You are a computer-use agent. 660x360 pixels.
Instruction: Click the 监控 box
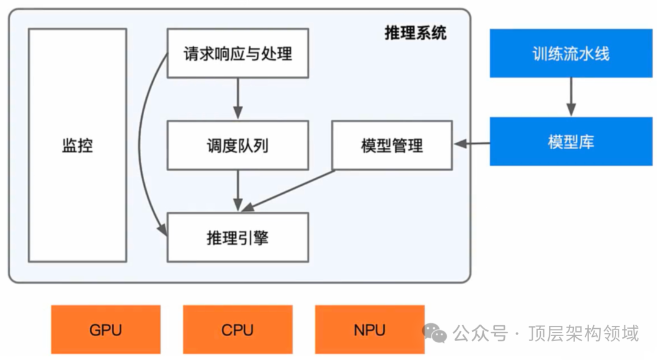78,145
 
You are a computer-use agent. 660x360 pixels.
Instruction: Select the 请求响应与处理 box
238,53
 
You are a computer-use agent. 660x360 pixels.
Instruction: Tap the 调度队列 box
238,145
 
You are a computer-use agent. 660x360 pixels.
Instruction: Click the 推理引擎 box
238,237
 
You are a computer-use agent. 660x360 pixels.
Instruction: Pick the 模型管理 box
392,145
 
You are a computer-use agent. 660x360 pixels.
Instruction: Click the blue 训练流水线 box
571,53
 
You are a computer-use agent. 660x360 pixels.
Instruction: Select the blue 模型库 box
571,142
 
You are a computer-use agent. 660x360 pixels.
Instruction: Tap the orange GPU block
106,329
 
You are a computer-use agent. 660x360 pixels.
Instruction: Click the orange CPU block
238,329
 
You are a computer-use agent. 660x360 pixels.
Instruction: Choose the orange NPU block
369,329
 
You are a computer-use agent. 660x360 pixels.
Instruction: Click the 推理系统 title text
416,33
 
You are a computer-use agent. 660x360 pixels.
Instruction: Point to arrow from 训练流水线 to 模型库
571,97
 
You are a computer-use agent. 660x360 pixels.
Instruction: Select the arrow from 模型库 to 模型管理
471,144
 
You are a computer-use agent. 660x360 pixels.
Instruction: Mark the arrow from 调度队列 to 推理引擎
238,190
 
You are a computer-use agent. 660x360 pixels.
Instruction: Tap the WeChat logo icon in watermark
435,333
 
